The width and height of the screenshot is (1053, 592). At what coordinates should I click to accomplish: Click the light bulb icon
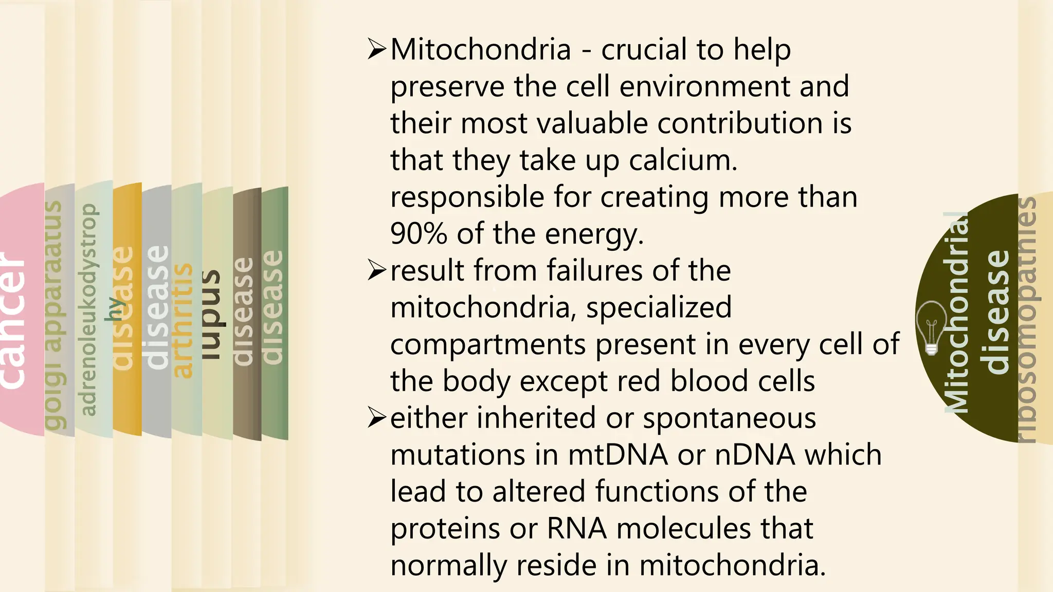click(932, 328)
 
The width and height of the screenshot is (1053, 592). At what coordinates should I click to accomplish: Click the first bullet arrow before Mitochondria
click(377, 49)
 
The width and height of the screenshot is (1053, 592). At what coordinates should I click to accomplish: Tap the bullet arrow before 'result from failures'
click(377, 270)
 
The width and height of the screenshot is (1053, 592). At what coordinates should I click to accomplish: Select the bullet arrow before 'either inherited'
click(377, 418)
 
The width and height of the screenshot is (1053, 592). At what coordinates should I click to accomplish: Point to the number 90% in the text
click(418, 234)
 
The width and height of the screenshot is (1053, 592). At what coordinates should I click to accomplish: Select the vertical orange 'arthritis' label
click(182, 321)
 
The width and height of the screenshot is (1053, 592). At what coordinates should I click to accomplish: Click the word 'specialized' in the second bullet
click(659, 307)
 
